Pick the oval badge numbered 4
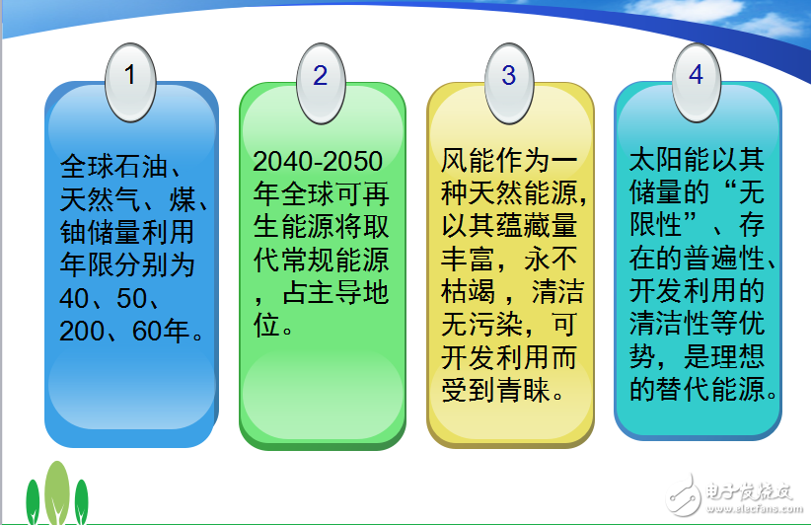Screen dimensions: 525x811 click(697, 76)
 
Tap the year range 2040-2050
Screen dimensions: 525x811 click(317, 162)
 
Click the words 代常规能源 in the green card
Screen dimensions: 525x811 click(322, 262)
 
